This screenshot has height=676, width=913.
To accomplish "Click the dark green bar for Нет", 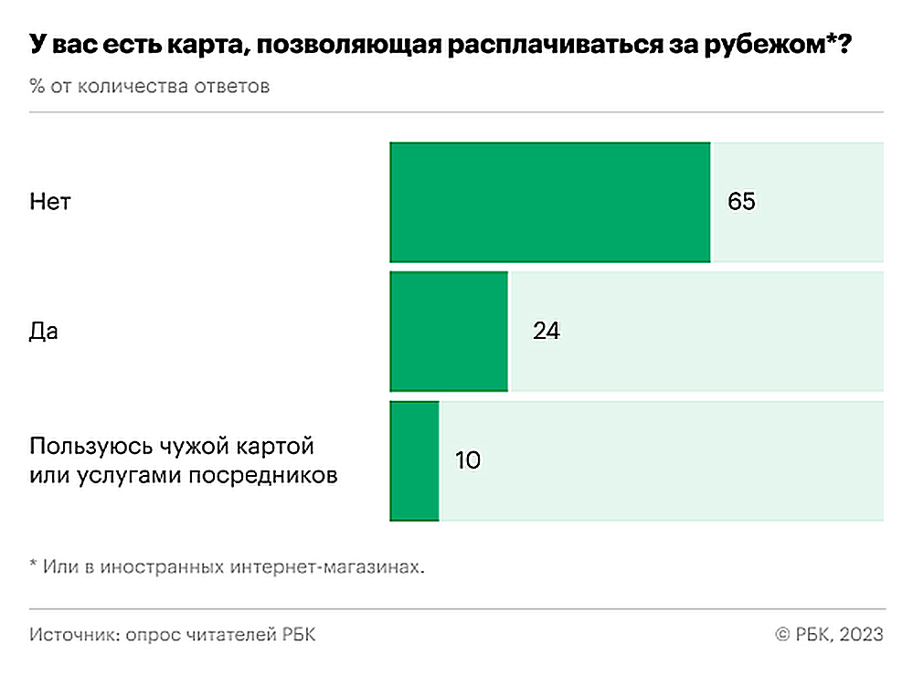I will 550,202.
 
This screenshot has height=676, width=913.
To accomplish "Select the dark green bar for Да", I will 449,331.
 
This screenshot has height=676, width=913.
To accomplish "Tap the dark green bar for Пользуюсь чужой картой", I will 415,460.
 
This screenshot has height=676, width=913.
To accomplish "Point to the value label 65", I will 741,202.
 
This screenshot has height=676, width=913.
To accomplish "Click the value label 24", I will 546,331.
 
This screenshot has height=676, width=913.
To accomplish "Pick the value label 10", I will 467,460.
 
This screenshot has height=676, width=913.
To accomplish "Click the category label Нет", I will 49,202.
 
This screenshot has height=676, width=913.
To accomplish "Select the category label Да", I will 44,331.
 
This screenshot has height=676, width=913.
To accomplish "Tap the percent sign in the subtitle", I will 37,88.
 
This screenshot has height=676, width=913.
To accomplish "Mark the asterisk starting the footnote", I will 34,566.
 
